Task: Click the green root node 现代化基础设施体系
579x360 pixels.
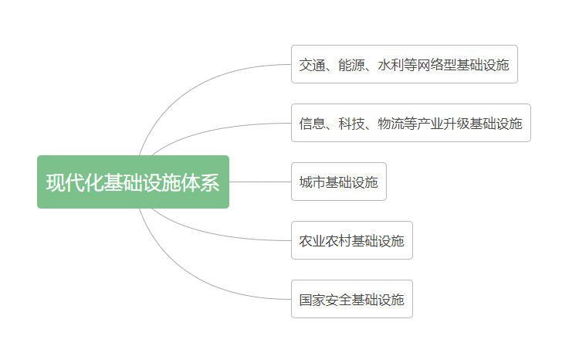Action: coord(133,182)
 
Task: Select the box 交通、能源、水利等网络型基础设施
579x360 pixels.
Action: coord(404,64)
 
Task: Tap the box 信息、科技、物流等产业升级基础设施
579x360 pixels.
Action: coord(411,123)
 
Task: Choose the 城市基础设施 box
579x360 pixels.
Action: coord(338,182)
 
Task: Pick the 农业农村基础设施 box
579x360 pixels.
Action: coord(351,240)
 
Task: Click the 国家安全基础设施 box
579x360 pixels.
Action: coord(351,299)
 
